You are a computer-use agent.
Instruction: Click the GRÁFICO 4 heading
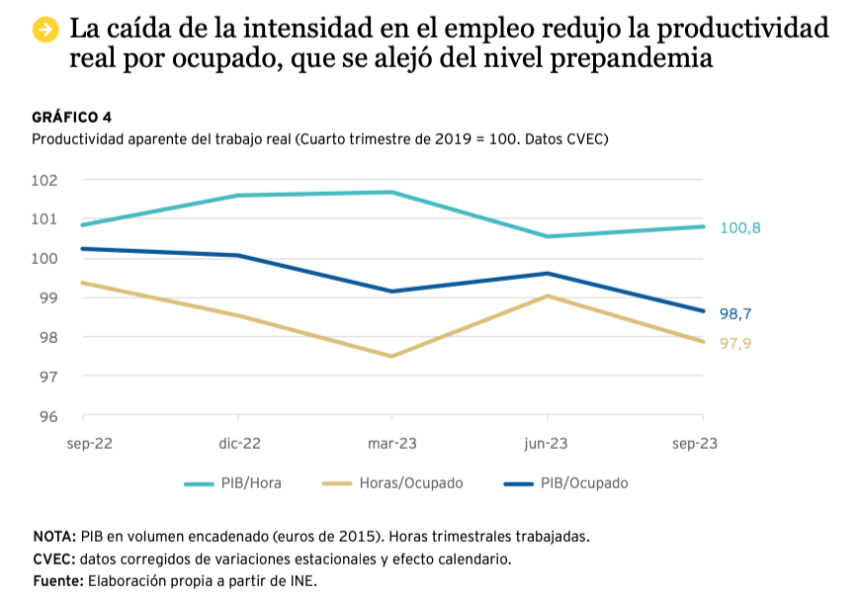(x=72, y=118)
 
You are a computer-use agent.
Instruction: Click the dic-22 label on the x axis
(x=239, y=444)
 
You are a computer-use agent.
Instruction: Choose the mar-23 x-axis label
(x=392, y=444)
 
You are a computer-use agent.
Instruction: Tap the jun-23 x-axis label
(x=547, y=444)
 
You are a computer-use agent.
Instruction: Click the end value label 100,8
(x=740, y=228)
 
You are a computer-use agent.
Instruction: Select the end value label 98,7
(x=735, y=314)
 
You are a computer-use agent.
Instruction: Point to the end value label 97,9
(x=735, y=344)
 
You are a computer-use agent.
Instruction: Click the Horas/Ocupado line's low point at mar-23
(x=392, y=356)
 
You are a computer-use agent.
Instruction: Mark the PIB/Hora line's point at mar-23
(x=392, y=192)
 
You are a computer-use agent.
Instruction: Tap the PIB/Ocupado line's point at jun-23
(x=548, y=273)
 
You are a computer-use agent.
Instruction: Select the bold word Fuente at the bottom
(x=58, y=580)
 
